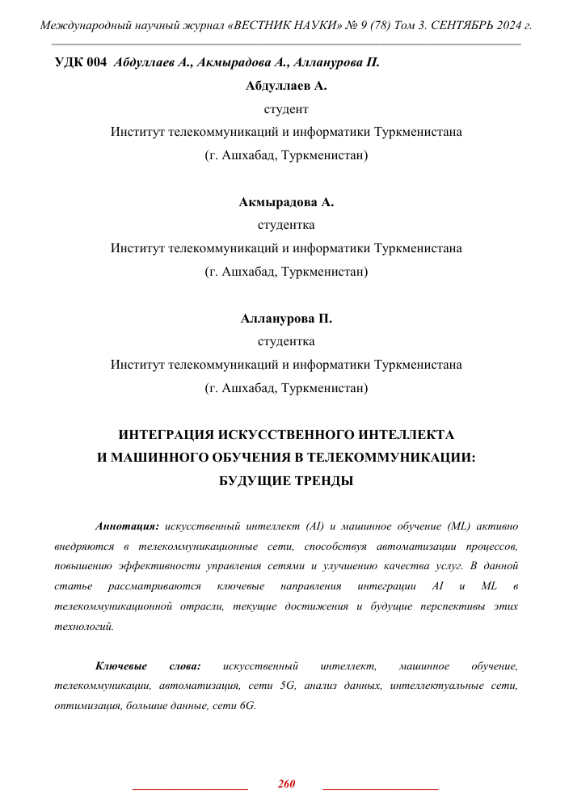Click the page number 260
point(286,784)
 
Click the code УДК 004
point(80,62)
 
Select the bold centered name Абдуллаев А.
point(286,85)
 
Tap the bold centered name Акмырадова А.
point(286,202)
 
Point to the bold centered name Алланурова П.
point(286,319)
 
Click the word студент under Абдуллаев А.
point(286,108)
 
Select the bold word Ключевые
point(121,666)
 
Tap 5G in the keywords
point(288,686)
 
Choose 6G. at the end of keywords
point(244,705)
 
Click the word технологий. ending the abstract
point(84,626)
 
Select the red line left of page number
point(189,788)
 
